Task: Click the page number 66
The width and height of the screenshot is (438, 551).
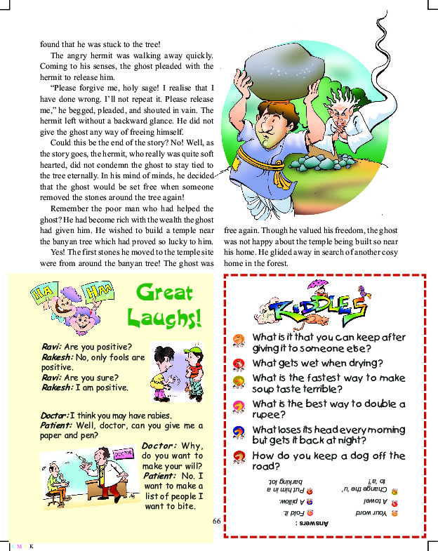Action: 217,521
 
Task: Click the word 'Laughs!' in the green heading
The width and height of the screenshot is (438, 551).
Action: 164,317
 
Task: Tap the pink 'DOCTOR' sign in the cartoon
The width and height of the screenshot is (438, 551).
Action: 122,453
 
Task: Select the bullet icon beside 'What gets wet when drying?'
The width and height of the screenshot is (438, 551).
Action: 239,364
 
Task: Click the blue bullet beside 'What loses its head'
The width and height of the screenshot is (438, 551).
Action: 239,430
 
